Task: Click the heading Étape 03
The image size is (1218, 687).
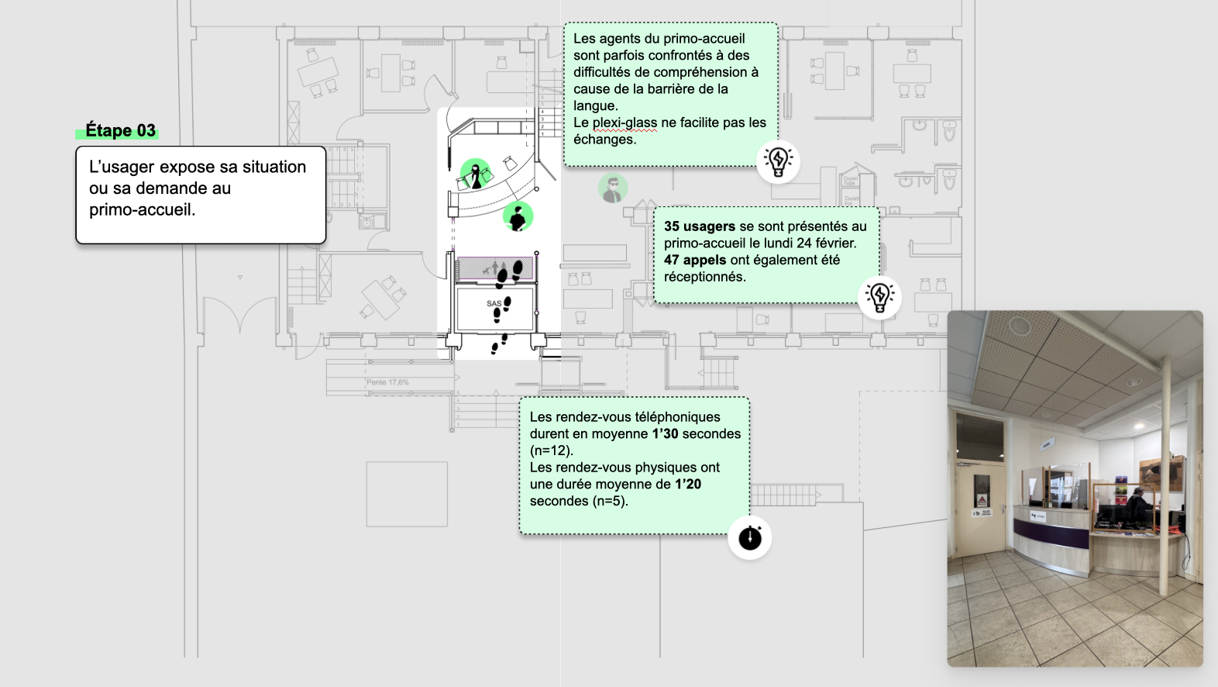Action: pos(120,130)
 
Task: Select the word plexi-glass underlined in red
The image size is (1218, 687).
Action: pos(624,123)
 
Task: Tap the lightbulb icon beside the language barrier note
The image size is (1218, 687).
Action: pos(778,161)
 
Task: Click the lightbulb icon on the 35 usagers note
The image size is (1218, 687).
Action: pos(879,296)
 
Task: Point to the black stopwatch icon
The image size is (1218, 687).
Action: pos(750,537)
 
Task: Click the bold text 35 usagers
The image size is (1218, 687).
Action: pos(700,226)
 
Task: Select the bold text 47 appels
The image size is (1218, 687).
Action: pos(695,261)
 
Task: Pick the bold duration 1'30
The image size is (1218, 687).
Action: pos(666,434)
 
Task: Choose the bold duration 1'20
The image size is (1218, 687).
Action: pos(688,485)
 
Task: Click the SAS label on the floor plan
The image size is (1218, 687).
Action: pos(494,303)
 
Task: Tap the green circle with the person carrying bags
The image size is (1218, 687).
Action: pos(476,174)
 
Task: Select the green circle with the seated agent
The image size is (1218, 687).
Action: pos(518,217)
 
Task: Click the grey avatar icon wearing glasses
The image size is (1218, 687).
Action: pos(613,188)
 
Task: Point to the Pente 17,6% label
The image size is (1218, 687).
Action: pos(387,382)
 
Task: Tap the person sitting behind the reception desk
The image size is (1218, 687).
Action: pos(1137,506)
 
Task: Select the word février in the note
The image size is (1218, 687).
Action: pos(833,243)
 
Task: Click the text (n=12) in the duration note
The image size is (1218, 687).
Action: pos(551,451)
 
